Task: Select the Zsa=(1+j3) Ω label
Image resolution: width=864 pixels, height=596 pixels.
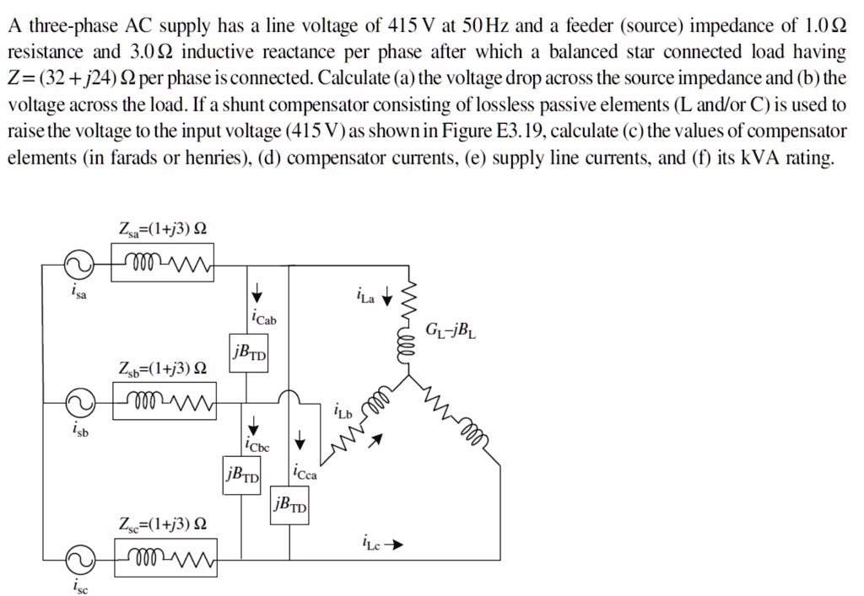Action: coord(163,228)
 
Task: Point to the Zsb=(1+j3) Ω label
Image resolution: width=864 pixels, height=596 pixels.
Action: coord(163,368)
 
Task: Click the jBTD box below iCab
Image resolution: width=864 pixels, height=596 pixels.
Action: coord(248,351)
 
